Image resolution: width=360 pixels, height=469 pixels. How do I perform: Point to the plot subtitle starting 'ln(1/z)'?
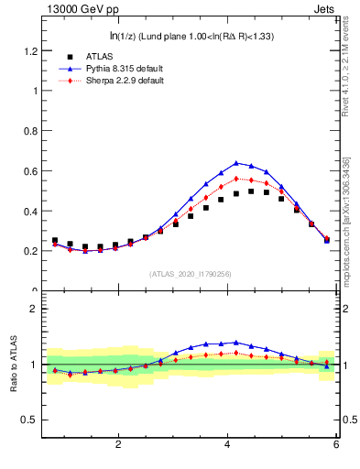(x=191, y=36)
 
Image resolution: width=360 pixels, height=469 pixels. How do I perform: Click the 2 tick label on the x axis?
(x=118, y=444)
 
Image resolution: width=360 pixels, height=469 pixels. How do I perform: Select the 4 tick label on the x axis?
(x=227, y=444)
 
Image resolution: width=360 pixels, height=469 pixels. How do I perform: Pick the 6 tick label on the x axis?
(x=336, y=444)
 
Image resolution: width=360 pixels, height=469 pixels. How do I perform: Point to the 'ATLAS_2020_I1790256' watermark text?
(x=191, y=274)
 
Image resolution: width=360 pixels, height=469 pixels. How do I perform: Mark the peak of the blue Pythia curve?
(x=236, y=162)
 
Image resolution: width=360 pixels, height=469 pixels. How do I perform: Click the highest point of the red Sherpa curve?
(x=236, y=179)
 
